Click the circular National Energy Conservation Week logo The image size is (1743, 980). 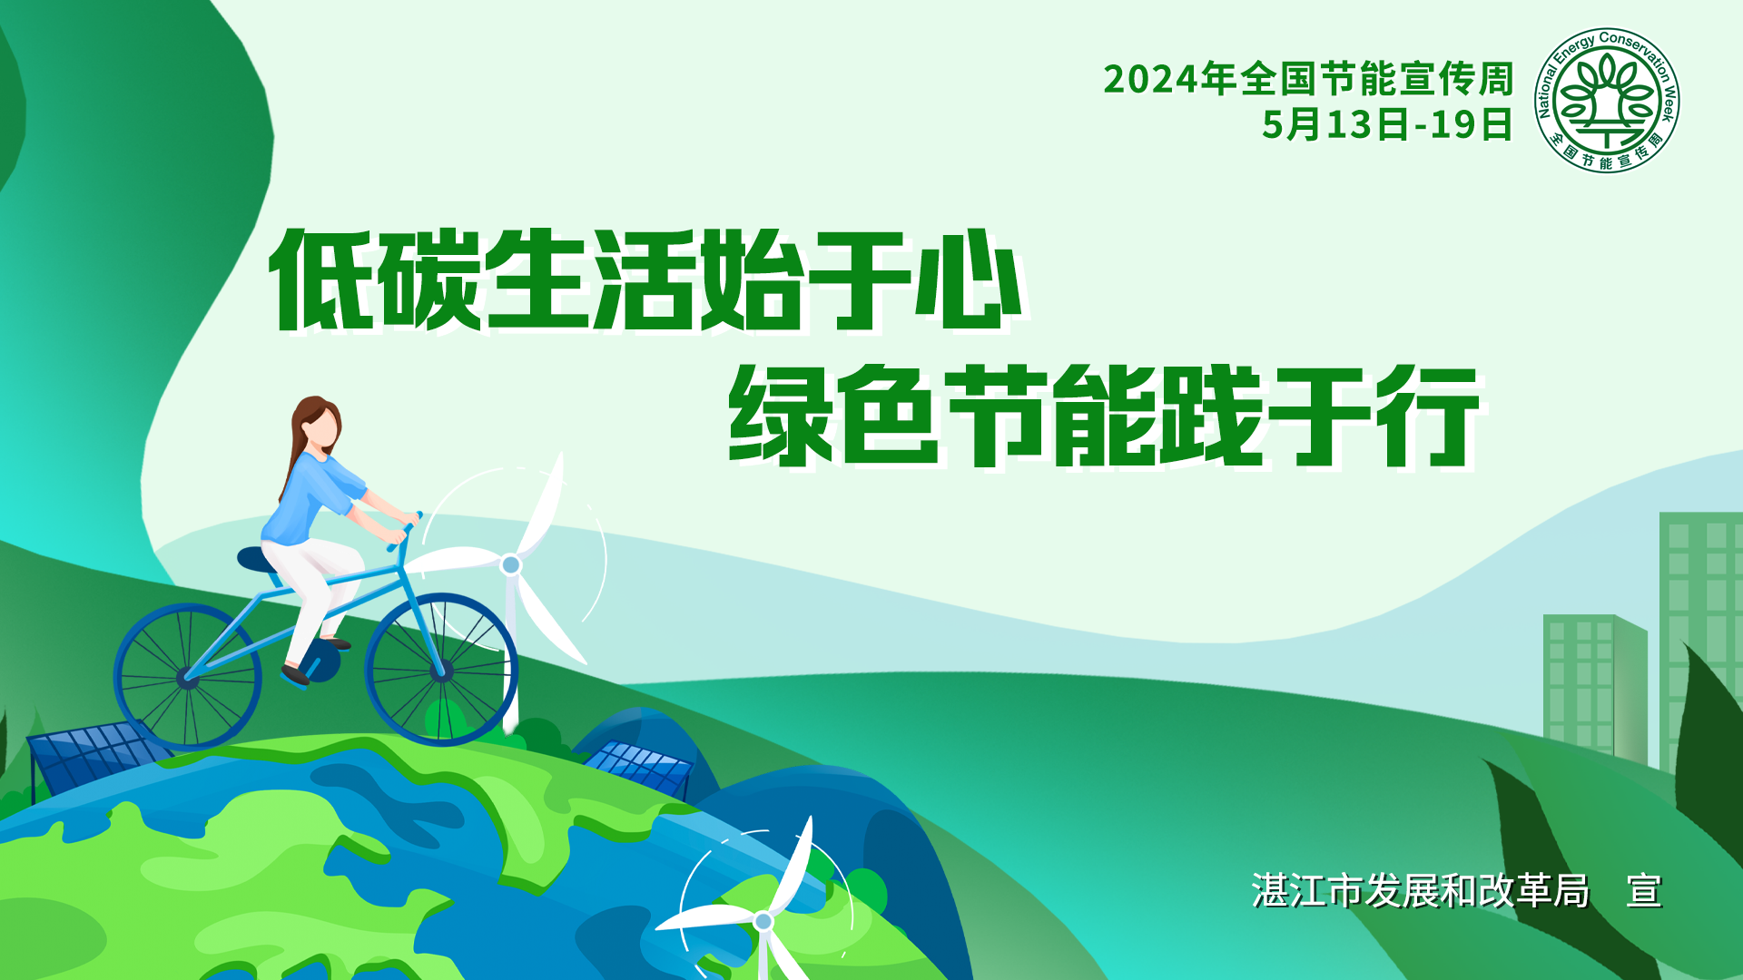[x=1607, y=100]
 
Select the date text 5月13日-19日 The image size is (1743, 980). [x=1387, y=124]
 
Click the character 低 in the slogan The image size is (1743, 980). [x=320, y=279]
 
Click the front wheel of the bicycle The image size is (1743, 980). [x=441, y=670]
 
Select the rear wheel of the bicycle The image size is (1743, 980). [x=188, y=677]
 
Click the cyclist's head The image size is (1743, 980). [x=318, y=424]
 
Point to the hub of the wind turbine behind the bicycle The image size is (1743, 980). [x=511, y=565]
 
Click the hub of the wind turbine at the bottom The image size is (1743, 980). [x=763, y=922]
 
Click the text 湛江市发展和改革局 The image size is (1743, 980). [x=1421, y=891]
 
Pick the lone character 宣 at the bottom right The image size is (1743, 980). [x=1644, y=891]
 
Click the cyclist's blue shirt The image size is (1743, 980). [x=309, y=499]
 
